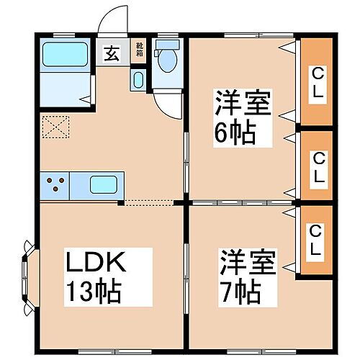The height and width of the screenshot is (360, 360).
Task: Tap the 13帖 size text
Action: pyautogui.click(x=94, y=291)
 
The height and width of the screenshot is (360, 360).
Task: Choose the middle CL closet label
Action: pyautogui.click(x=317, y=166)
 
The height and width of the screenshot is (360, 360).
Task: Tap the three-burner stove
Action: pyautogui.click(x=55, y=184)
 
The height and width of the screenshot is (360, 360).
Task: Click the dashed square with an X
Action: pyautogui.click(x=55, y=127)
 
